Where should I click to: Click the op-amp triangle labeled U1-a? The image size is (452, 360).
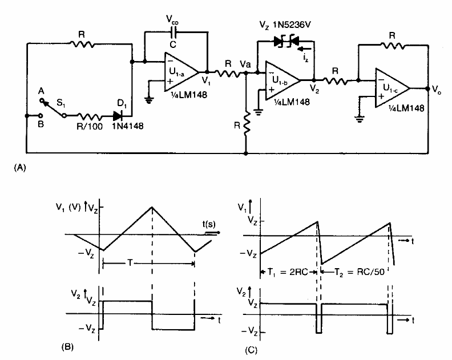coord(179,71)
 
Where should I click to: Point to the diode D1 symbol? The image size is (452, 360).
coord(120,115)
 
